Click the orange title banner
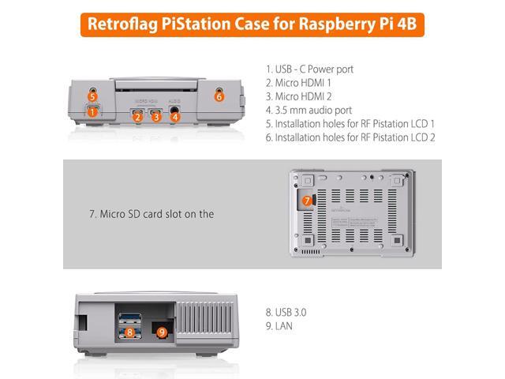click(252, 24)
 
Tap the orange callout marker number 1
click(92, 112)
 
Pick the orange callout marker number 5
click(92, 96)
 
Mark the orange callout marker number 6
click(219, 96)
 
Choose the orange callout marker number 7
click(307, 201)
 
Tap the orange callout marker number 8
click(129, 332)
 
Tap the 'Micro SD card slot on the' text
click(151, 213)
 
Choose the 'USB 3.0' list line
click(286, 312)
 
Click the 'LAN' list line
click(279, 325)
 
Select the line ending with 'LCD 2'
click(350, 137)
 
